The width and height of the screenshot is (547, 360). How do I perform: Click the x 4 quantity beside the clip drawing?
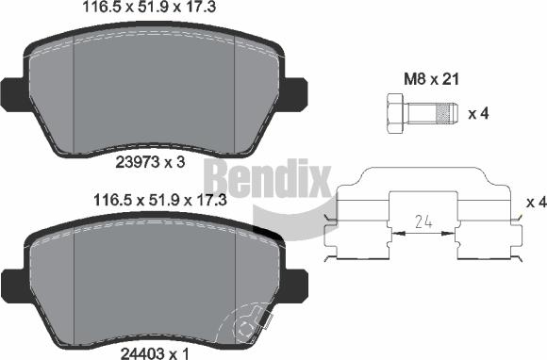536,203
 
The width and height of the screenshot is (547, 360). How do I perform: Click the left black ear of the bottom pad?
13,281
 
